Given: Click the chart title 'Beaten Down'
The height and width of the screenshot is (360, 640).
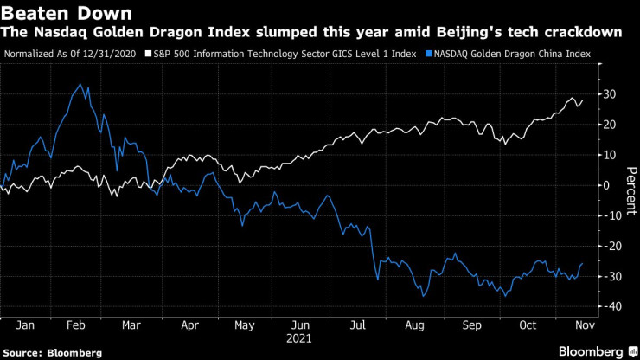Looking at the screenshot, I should coord(67,13).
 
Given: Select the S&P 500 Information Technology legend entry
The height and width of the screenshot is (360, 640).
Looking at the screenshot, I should coord(279,54).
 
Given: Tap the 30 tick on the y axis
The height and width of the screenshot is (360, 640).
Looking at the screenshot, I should coord(610,93).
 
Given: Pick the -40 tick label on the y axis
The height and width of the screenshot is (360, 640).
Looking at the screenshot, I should coord(611,306).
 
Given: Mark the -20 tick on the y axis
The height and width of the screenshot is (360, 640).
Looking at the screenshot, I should coord(611,246).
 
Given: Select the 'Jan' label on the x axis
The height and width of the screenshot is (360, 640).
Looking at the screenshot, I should coord(26,325).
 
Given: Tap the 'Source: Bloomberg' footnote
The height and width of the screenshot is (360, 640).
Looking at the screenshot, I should coord(54,353).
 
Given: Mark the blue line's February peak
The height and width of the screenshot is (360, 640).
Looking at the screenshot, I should coord(80,84).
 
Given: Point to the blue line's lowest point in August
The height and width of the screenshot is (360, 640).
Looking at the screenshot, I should coord(422,297).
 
